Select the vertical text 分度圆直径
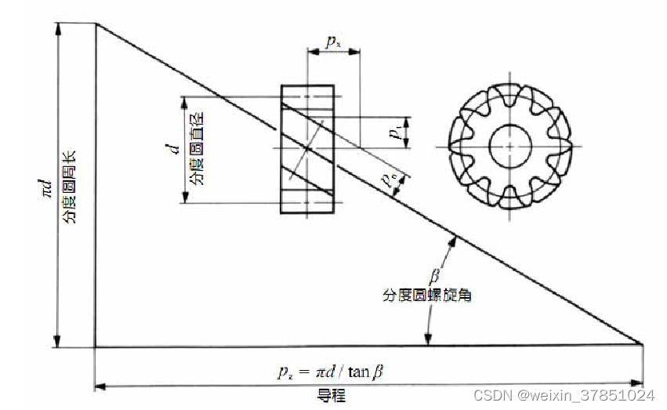tap(194, 149)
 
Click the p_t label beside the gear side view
tap(399, 129)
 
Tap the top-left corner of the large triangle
tap(96, 24)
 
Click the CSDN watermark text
tap(564, 395)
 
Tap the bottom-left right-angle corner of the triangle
tap(96, 346)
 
